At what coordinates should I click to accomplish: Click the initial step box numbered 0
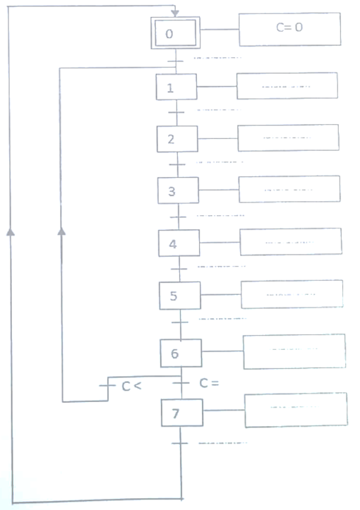(176, 33)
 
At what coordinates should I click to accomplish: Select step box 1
(176, 87)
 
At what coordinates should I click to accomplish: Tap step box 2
(177, 139)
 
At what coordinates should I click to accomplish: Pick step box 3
(179, 190)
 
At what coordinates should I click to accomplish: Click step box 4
(179, 243)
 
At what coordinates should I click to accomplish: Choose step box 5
(180, 296)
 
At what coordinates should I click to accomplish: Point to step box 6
(181, 353)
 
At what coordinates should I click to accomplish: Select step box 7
(182, 413)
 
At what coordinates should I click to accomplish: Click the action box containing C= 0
(289, 29)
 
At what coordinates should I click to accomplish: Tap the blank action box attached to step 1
(287, 86)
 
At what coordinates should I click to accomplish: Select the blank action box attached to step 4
(291, 242)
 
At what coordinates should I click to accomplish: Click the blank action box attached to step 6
(294, 351)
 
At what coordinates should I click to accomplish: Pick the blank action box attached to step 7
(296, 410)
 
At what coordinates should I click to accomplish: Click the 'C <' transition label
(131, 387)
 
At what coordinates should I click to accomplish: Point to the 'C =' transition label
(209, 383)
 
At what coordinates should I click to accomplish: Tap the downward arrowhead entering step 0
(175, 13)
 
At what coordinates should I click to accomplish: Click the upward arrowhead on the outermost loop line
(11, 231)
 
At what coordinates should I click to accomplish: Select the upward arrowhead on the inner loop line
(61, 231)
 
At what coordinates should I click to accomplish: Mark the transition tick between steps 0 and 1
(176, 61)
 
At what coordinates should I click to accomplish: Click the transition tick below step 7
(180, 443)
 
